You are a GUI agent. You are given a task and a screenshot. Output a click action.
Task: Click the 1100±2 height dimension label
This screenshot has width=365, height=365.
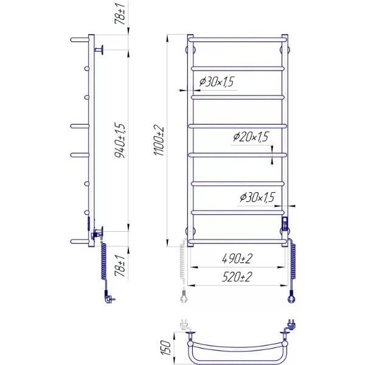pyautogui.click(x=159, y=141)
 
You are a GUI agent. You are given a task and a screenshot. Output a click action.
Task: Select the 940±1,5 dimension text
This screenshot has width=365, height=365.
pyautogui.click(x=120, y=141)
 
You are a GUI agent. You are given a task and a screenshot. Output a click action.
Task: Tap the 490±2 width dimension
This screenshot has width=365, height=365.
pyautogui.click(x=237, y=259)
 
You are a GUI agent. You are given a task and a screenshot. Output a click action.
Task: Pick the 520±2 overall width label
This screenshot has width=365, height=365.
pyautogui.click(x=237, y=277)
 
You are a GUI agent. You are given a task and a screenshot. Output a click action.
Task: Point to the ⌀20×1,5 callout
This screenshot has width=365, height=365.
pyautogui.click(x=251, y=137)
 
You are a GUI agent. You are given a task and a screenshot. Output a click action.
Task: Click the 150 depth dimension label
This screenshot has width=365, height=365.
pyautogui.click(x=165, y=347)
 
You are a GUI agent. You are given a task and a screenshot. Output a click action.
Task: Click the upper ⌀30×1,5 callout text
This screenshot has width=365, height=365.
pyautogui.click(x=217, y=82)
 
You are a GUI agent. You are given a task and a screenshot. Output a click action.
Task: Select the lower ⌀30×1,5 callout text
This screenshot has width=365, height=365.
pyautogui.click(x=257, y=197)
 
